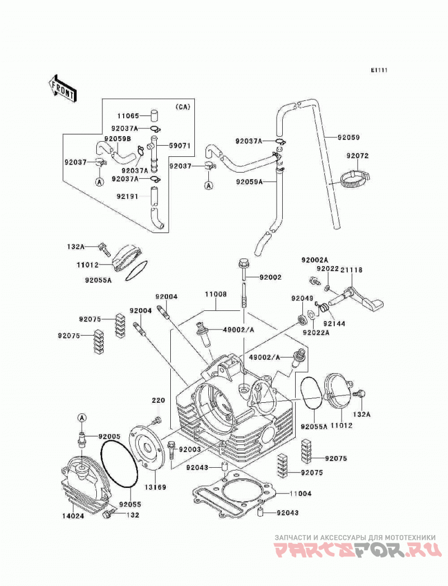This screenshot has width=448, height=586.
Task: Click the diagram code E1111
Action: coord(379,70)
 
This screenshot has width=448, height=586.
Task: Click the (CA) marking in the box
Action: coord(183,107)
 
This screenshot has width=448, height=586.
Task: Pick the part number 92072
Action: coord(357,156)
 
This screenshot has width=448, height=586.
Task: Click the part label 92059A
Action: coord(249,182)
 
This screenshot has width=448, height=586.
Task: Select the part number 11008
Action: coord(216,294)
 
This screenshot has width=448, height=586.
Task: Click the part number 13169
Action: coord(156,487)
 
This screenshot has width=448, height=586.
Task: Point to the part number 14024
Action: coord(73,516)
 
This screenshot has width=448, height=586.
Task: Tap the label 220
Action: coord(158,401)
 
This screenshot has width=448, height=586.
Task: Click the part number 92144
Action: coord(334,324)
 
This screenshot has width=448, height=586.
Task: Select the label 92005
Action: coord(109,436)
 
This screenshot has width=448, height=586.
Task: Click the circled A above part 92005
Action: coord(82,417)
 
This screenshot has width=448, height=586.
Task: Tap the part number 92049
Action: coord(302,298)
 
